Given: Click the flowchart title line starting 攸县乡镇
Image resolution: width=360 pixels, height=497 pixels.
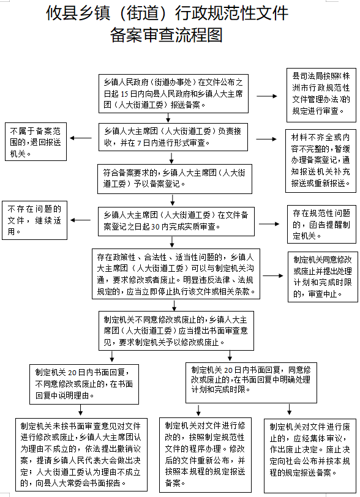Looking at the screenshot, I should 180,13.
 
